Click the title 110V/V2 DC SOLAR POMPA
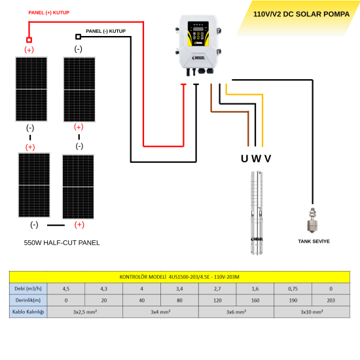click(299, 12)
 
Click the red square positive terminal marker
click(29, 39)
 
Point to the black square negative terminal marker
click(79, 37)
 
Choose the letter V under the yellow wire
click(267, 158)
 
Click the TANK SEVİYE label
click(314, 241)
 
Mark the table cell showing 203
click(330, 300)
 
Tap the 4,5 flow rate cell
click(65, 288)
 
